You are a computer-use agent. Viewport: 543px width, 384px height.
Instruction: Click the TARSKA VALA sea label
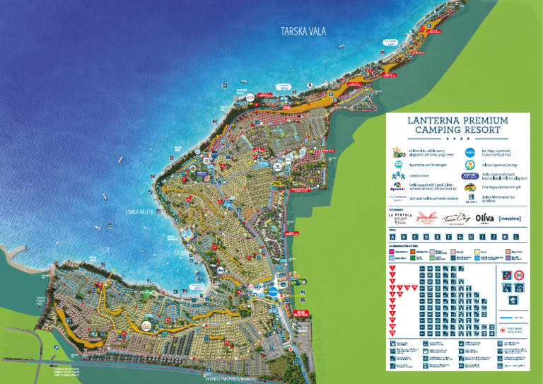pyautogui.click(x=303, y=32)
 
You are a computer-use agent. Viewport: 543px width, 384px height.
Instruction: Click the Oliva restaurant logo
pyautogui.click(x=484, y=219)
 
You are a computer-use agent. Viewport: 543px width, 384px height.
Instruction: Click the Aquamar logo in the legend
pyautogui.click(x=399, y=188)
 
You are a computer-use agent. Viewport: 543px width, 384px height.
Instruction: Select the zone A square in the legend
pyautogui.click(x=393, y=237)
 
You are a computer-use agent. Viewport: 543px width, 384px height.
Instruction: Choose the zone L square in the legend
pyautogui.click(x=517, y=237)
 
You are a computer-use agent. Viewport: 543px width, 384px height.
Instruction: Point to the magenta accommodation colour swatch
pyautogui.click(x=392, y=251)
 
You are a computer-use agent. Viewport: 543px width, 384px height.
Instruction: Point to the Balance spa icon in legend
pyautogui.click(x=469, y=200)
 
